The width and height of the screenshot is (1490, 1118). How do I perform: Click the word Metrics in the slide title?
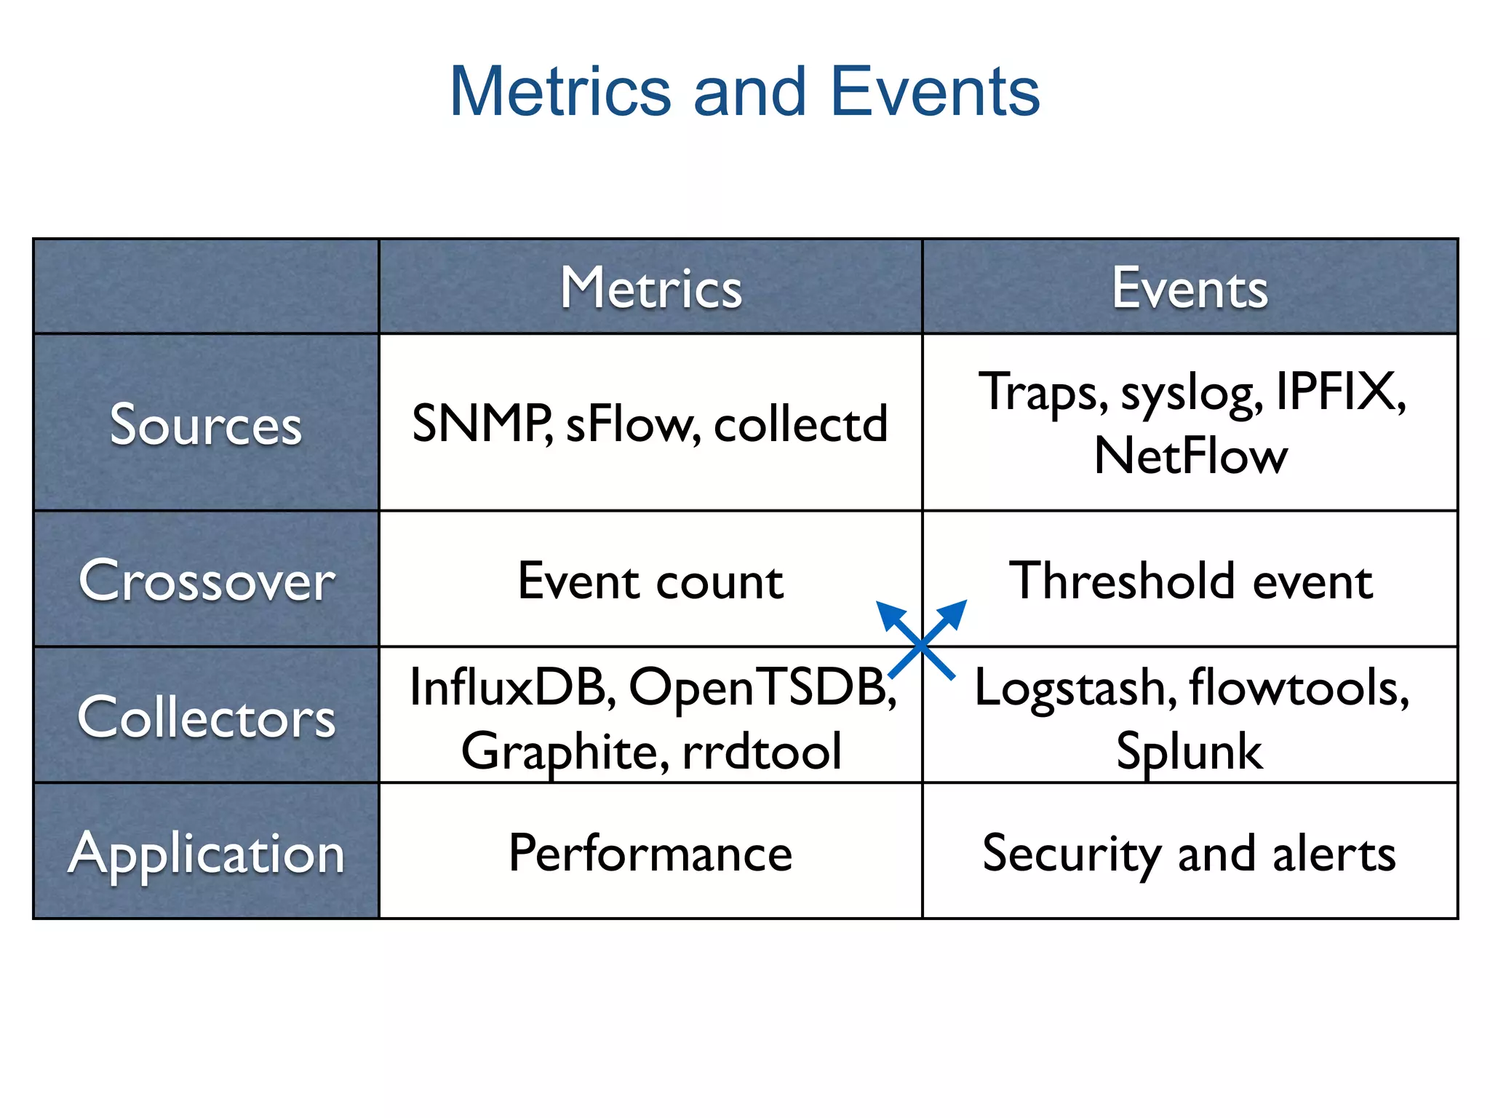point(560,92)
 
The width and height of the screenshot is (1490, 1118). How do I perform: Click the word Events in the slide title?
point(935,92)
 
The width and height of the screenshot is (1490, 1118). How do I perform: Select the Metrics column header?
point(650,288)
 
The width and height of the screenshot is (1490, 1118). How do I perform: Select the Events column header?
point(1190,288)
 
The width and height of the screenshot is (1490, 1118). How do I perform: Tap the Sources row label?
point(206,424)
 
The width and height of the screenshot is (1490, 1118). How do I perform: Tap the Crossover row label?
point(207,581)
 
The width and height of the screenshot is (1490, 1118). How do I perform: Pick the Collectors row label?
point(207,717)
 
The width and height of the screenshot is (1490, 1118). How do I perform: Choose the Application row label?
point(207,853)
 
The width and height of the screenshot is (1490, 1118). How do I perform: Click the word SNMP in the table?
point(480,423)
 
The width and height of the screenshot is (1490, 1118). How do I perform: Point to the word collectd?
point(800,423)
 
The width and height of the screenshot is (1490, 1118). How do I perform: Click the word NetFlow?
point(1190,456)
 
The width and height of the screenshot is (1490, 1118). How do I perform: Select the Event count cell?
point(650,581)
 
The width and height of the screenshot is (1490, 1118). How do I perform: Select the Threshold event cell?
point(1190,581)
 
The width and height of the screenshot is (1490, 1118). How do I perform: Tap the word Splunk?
point(1190,751)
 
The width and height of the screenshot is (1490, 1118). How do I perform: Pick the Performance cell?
point(650,853)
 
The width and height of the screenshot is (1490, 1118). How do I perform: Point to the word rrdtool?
point(762,751)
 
